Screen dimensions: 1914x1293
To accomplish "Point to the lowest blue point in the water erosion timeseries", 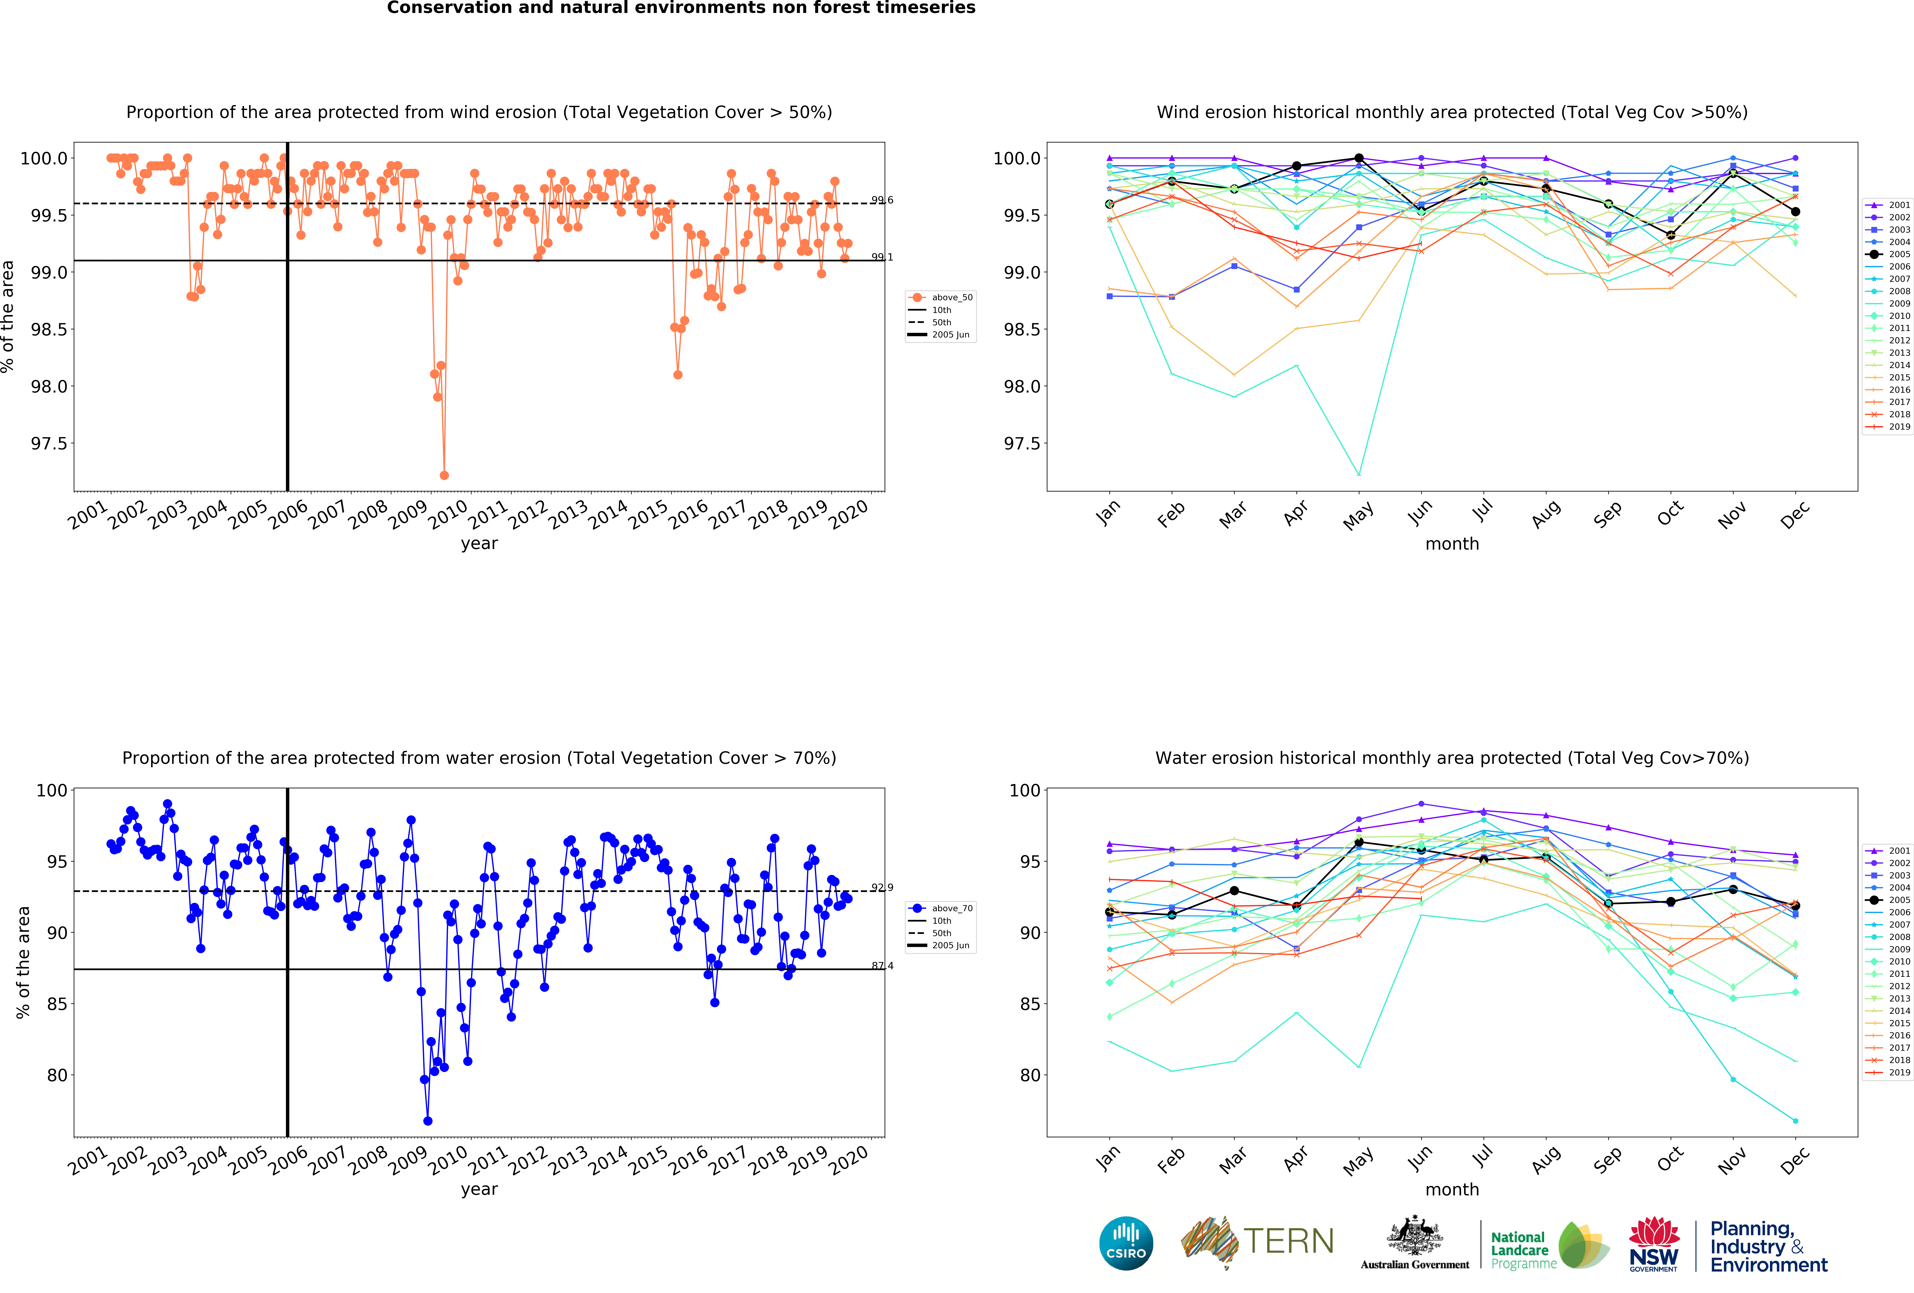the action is point(427,1121).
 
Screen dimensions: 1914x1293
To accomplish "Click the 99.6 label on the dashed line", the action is point(882,200).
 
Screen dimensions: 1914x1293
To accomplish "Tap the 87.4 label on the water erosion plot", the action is point(882,966).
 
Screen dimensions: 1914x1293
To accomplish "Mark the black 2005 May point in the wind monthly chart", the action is point(1359,158).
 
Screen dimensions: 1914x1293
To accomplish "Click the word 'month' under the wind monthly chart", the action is point(1452,544).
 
